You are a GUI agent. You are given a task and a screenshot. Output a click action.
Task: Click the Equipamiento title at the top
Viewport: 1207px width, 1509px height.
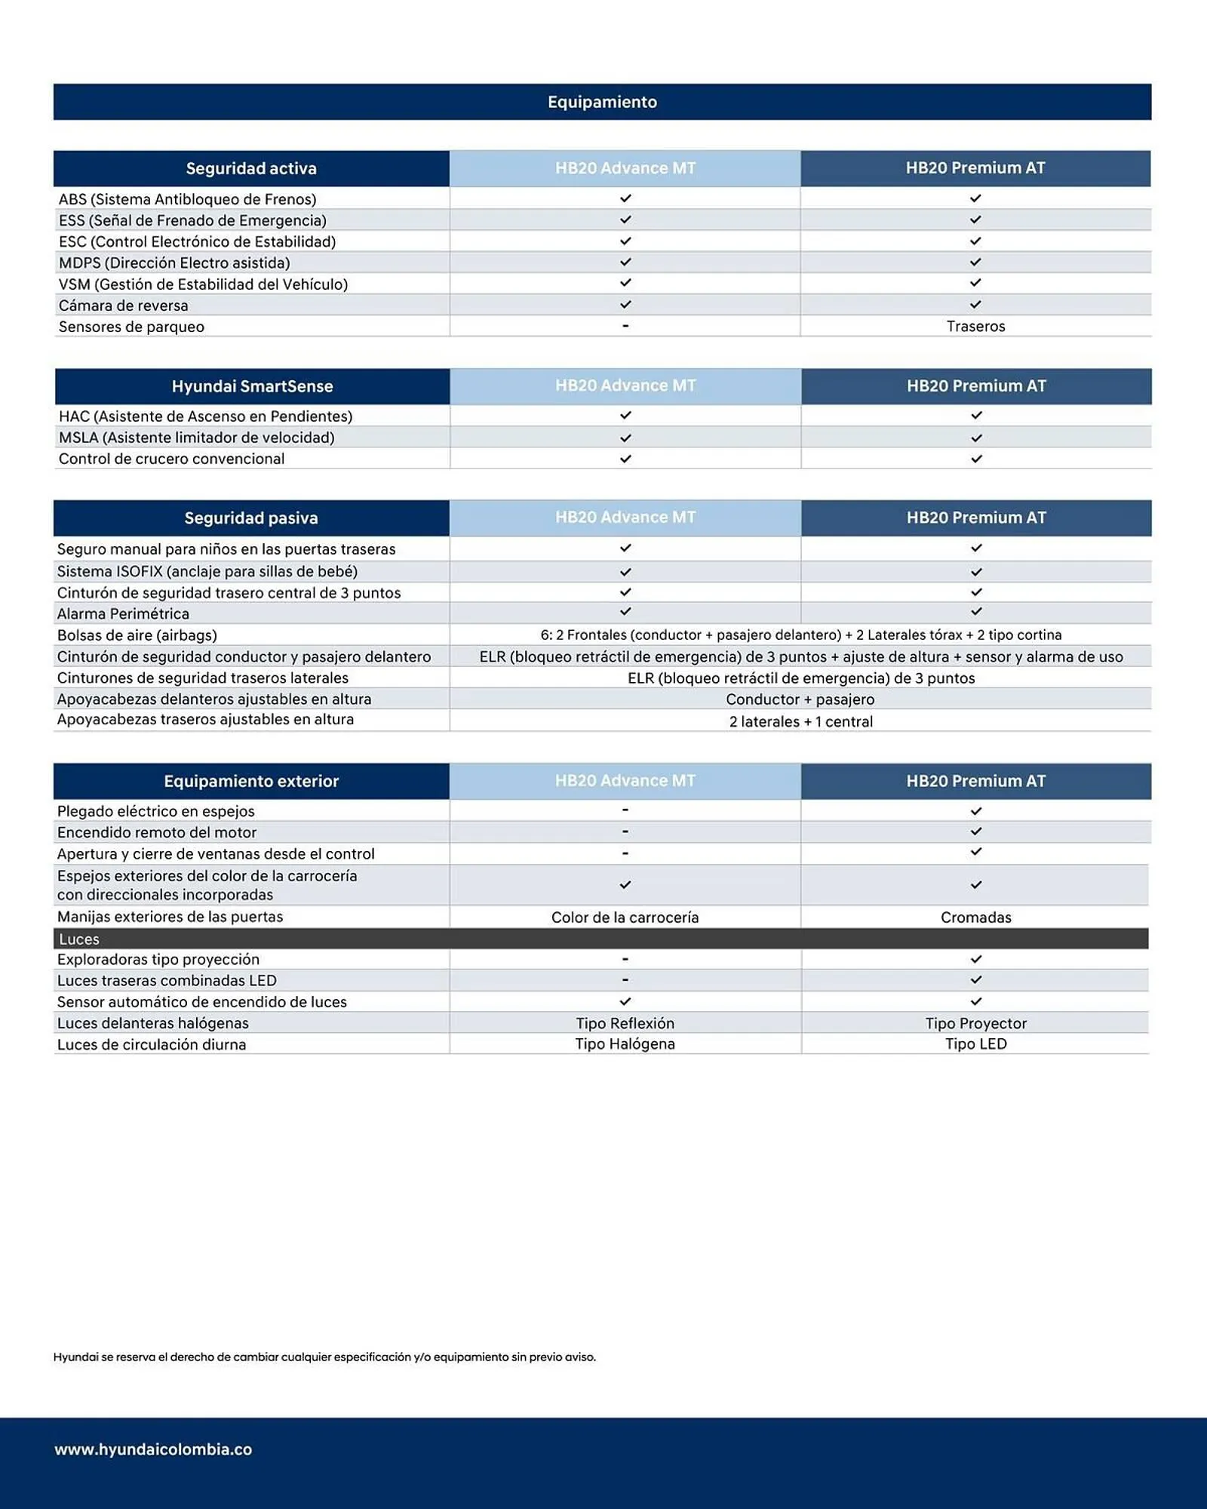602,102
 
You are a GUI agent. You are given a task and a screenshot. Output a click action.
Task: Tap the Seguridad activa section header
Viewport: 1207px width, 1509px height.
251,168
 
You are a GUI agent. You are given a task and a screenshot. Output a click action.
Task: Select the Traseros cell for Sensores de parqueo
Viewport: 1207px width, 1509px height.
975,326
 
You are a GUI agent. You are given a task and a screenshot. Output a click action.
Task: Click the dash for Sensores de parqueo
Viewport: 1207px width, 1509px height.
625,326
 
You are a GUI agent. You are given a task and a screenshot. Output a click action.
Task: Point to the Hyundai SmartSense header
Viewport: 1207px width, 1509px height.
252,386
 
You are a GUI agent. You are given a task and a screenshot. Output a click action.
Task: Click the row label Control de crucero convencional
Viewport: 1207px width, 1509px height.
171,459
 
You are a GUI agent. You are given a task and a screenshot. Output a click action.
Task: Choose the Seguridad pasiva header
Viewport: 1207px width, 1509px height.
251,518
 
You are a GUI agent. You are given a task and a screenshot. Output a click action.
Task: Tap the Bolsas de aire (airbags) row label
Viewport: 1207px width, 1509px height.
137,635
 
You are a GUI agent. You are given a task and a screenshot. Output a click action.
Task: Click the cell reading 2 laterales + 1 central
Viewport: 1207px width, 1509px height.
800,721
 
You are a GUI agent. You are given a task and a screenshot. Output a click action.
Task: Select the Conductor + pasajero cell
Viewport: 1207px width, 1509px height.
800,699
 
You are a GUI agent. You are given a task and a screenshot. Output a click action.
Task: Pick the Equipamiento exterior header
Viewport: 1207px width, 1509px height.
251,781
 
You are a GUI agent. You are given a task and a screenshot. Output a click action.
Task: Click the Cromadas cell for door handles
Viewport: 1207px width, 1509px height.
975,917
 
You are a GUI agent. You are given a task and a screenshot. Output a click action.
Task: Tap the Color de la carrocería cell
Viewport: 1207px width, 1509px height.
625,917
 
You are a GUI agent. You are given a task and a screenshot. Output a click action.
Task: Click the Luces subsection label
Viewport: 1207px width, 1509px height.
79,939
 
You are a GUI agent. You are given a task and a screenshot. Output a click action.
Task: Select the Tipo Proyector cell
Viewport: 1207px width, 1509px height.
975,1023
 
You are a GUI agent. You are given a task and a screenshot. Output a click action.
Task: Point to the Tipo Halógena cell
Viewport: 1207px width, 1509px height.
625,1044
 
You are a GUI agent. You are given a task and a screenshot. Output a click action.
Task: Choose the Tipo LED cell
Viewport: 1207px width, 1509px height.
975,1044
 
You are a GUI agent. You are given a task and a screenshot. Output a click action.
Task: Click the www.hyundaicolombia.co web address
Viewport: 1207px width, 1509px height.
153,1449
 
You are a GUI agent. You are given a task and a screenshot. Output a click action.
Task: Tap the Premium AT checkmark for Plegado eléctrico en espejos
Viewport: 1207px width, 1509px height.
975,811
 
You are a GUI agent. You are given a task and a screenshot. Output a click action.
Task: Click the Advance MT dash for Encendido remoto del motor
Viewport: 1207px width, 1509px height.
625,831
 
